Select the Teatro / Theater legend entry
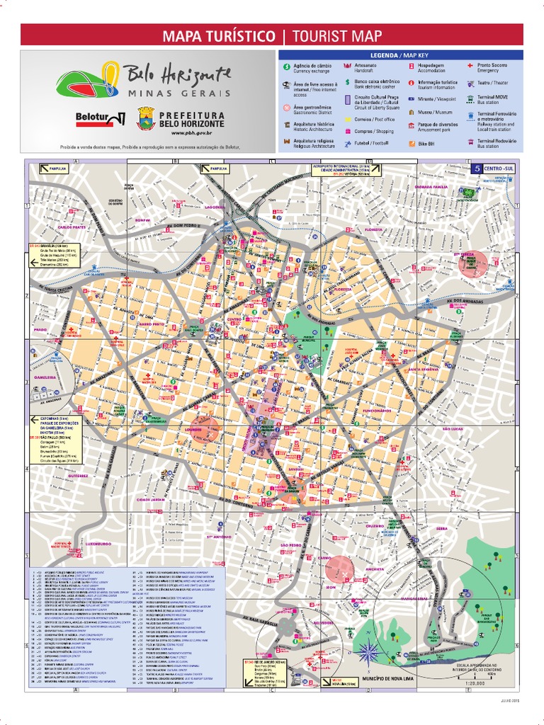click(489, 82)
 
